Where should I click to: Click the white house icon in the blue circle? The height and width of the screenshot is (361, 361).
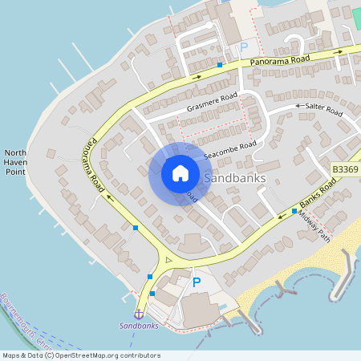pos(180,173)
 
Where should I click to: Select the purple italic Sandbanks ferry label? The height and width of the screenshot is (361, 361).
pos(139,327)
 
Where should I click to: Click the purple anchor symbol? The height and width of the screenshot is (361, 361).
pos(138,313)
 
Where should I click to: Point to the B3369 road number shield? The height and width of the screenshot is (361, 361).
pos(344,169)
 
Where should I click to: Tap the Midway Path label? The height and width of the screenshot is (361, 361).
pos(314,225)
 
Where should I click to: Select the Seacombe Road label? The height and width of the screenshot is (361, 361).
pos(230,149)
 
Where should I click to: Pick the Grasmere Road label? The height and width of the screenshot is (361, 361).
pos(213,103)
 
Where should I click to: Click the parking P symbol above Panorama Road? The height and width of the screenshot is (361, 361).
pos(244,47)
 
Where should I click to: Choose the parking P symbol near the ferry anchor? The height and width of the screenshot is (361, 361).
pos(197,282)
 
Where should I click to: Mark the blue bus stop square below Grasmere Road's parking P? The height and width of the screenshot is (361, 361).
pos(220,64)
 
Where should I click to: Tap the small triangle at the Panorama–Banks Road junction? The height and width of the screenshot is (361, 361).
pos(168,260)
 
